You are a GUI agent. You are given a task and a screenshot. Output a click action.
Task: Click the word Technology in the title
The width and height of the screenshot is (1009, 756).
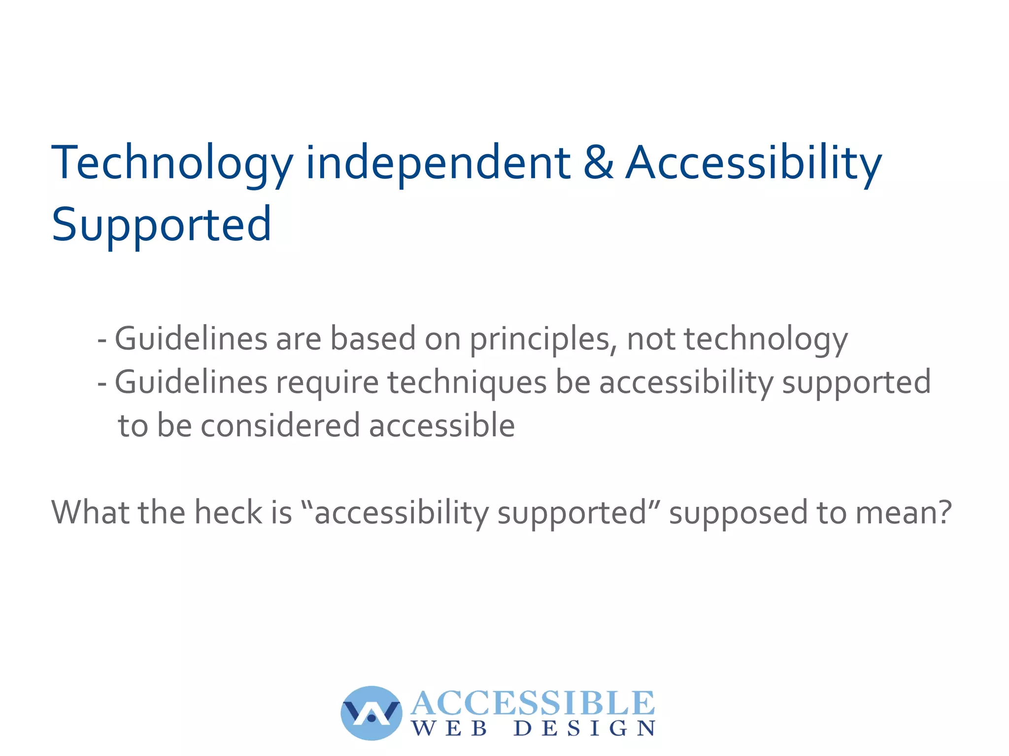(x=172, y=164)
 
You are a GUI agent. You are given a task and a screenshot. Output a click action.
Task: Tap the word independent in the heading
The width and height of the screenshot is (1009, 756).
(x=438, y=164)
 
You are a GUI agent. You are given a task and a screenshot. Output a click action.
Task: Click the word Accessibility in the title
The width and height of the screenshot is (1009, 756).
(x=753, y=164)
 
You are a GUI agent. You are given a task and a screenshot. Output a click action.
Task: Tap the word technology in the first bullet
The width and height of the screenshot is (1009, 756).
(x=766, y=340)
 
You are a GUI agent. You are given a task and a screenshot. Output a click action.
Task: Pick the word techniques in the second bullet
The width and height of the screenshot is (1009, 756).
(x=467, y=383)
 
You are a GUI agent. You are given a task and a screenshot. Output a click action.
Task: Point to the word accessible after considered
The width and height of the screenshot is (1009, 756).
(x=442, y=426)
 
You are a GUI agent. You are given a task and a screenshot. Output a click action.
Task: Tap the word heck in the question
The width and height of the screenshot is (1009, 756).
(x=228, y=512)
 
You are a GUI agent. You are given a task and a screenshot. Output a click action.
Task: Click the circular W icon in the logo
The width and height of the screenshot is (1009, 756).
(x=371, y=713)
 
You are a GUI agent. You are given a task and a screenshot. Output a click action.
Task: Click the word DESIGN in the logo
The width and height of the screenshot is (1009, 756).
(x=584, y=728)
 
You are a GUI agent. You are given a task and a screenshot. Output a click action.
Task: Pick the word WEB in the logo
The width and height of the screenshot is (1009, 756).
(x=449, y=728)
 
